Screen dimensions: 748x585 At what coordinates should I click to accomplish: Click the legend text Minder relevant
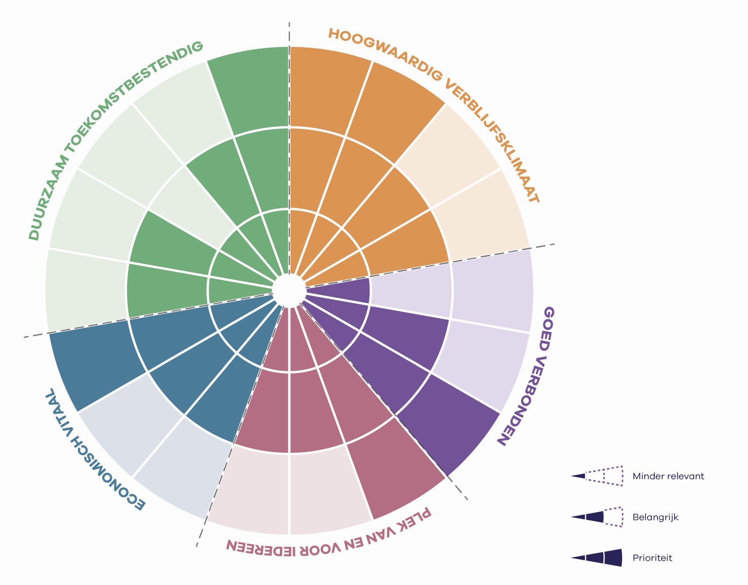[x=668, y=476]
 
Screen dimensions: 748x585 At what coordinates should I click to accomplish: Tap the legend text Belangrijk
[x=655, y=517]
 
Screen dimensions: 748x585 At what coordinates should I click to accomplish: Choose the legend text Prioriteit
[x=652, y=558]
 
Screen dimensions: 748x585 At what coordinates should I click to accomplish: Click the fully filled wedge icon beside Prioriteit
[x=597, y=558]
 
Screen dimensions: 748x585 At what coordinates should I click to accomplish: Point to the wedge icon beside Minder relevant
[x=597, y=476]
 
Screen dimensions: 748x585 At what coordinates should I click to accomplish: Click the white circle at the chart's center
[x=289, y=291]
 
